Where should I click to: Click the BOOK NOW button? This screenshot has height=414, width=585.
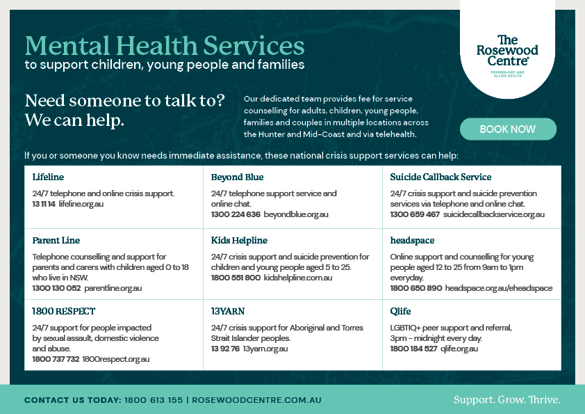[508, 129]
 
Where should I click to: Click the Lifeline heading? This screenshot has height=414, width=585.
[48, 177]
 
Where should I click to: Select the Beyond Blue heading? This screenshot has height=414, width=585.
[237, 177]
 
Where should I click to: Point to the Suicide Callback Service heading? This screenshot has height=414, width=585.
[440, 177]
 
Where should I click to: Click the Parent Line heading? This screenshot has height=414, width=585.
[56, 240]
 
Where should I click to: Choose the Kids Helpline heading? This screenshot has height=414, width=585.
[239, 240]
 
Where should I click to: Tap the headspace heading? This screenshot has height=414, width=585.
[412, 240]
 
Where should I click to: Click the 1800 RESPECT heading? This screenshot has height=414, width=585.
[64, 311]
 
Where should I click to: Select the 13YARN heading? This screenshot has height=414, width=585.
[228, 311]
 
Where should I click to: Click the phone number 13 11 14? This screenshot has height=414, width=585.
[44, 203]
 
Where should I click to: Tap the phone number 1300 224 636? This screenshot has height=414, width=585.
[236, 214]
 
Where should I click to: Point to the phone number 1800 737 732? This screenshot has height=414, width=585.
[55, 359]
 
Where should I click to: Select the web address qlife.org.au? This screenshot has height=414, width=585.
[459, 349]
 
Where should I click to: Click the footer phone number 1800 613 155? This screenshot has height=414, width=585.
[154, 401]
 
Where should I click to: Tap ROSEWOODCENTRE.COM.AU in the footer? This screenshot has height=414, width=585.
[256, 401]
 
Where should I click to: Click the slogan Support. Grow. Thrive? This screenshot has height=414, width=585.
[506, 400]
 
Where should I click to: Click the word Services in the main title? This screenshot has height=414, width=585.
[254, 46]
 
